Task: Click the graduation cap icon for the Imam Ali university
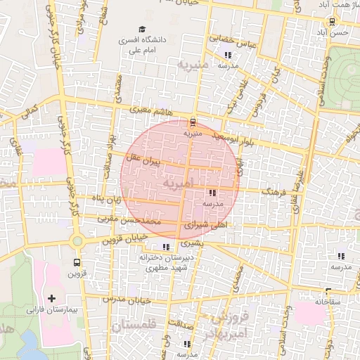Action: coord(142,30)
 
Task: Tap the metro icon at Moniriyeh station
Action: coord(193,121)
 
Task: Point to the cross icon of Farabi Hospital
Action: coord(53,297)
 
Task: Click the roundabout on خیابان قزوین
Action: coord(77,240)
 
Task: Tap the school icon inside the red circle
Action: coord(212,193)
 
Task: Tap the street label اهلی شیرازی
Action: coord(207,224)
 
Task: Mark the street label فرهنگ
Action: coord(273,190)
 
